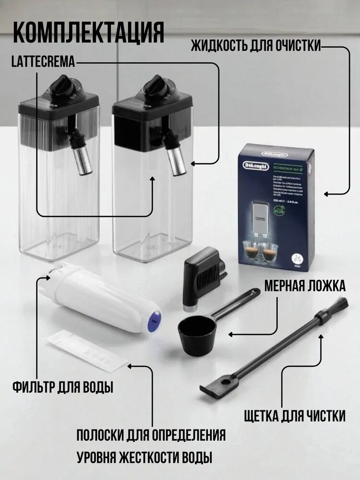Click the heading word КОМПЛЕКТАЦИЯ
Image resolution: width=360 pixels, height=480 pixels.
88,32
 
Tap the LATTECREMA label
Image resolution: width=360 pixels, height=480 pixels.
44,61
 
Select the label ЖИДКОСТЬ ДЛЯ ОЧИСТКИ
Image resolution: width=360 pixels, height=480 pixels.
256,47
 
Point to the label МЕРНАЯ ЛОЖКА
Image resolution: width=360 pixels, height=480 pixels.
304,287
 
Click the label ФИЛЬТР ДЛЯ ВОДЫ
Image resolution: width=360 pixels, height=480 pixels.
63,386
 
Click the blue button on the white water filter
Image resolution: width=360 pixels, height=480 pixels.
154,317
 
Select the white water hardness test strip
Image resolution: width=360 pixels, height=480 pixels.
85,352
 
